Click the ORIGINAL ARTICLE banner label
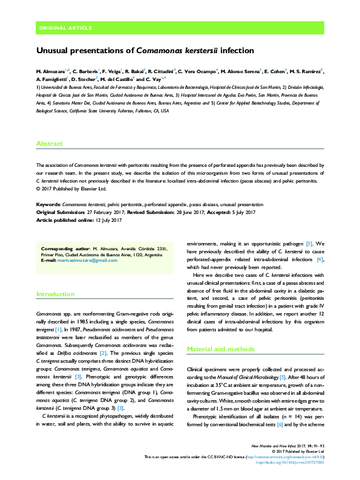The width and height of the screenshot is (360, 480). click(65, 28)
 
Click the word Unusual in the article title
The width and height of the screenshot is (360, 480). click(53, 51)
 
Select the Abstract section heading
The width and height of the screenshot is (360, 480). click(49, 143)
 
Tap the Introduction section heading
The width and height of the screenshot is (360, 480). click(54, 294)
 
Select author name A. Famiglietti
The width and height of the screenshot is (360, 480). click(53, 79)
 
